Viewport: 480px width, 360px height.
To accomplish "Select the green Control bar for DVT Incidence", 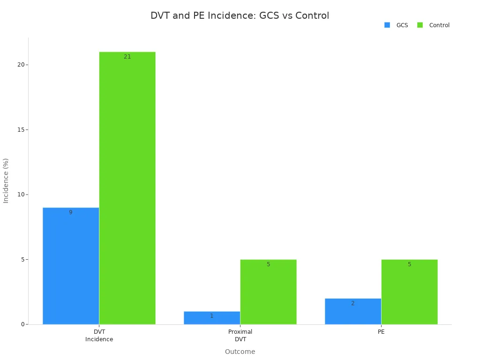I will click(127, 188).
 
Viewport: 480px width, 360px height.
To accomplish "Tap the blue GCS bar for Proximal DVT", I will click(211, 318).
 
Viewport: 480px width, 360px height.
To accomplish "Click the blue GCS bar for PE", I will click(352, 311).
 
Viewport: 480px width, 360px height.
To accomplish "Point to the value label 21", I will click(127, 57).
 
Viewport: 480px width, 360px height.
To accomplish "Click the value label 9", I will click(71, 212).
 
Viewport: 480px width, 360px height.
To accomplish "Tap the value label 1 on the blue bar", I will click(211, 316).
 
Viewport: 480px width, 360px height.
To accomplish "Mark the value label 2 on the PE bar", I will click(352, 303).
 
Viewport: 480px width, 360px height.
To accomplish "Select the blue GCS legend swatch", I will click(387, 25).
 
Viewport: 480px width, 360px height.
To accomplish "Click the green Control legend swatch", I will click(420, 25).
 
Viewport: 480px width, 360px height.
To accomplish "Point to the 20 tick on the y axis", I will click(21, 65).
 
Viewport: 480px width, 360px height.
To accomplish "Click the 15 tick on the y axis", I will click(21, 129).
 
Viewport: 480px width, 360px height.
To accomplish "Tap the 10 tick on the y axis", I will click(21, 195).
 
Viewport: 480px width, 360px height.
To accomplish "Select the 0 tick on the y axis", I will click(22, 324).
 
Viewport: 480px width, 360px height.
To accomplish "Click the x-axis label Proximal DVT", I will click(240, 336).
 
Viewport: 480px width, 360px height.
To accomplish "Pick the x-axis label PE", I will click(381, 332).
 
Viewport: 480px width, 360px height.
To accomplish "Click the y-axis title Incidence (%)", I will click(6, 180).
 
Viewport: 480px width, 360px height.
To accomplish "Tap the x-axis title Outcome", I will click(240, 352).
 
